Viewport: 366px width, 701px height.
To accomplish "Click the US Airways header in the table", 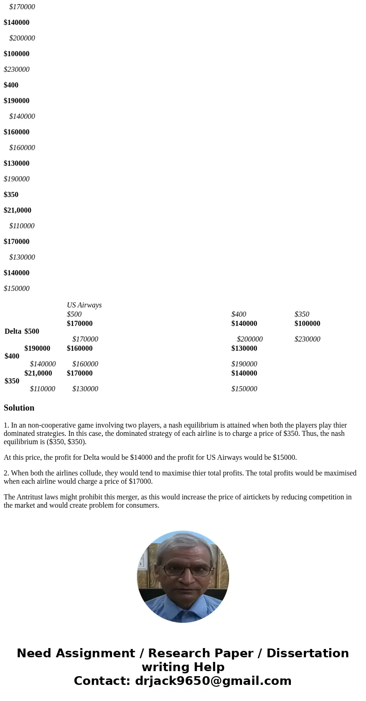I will (84, 305).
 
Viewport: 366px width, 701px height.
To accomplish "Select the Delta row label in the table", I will (13, 331).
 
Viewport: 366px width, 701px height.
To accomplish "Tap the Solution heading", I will (19, 408).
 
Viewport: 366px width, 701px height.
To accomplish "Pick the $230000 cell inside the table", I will (307, 339).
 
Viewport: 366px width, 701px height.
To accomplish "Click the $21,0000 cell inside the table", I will (38, 373).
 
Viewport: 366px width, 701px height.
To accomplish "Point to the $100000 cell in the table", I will (307, 324).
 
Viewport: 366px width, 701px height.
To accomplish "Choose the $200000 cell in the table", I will (249, 339).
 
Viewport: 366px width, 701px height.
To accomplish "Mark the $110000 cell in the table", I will (42, 389).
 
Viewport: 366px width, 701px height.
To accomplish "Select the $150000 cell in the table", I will (244, 389).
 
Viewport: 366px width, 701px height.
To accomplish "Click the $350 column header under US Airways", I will (301, 314).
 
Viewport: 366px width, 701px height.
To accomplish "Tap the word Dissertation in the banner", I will (307, 654).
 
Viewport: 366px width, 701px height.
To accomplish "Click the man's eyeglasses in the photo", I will (183, 570).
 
